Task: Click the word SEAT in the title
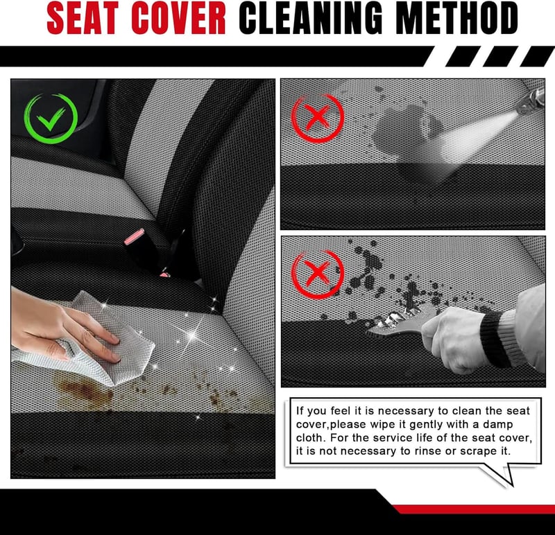click(82, 18)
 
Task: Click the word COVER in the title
click(178, 18)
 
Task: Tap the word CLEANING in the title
click(310, 18)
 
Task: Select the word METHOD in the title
click(456, 18)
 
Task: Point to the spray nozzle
click(531, 101)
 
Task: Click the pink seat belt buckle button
click(134, 236)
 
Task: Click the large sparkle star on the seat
click(192, 335)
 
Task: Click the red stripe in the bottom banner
click(475, 509)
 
